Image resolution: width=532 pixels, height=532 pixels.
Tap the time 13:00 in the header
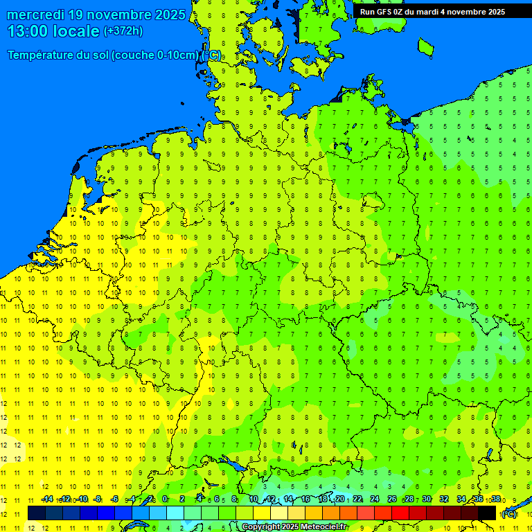[x=30, y=30]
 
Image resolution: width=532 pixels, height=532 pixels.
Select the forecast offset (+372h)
[x=123, y=31]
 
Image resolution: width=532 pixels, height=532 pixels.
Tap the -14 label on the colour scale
[x=47, y=499]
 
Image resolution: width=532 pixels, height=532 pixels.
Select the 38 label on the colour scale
[x=495, y=499]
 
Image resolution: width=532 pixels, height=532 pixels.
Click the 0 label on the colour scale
[x=164, y=499]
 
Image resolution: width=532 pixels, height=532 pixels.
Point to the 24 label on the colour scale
[x=374, y=499]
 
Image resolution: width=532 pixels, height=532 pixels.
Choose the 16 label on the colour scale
[x=305, y=499]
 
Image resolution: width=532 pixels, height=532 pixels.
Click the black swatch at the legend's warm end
[x=487, y=513]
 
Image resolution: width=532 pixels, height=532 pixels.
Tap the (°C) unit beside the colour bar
[x=508, y=513]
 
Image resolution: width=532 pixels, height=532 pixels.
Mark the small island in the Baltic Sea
[x=425, y=46]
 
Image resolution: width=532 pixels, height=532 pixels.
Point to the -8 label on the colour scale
[x=99, y=499]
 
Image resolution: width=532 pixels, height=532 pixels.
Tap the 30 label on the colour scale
[x=426, y=499]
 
